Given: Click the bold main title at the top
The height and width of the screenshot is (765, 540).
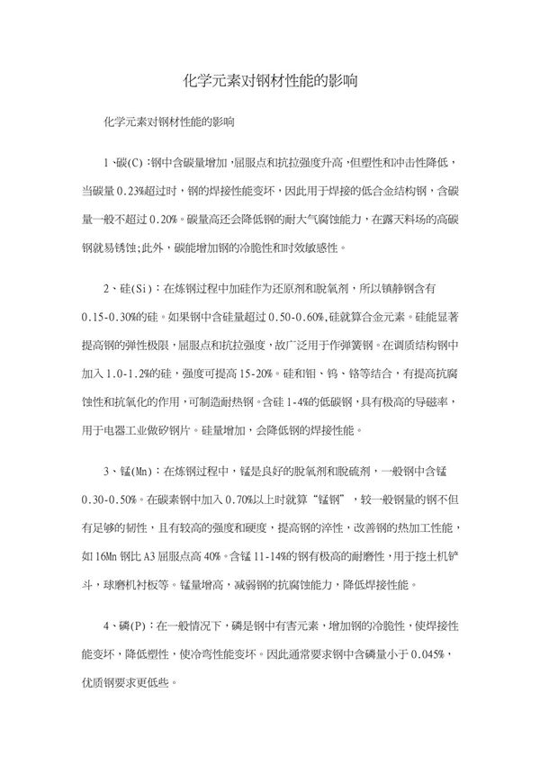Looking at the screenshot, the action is [269, 79].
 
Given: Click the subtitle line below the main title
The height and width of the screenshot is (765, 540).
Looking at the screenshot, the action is [170, 119].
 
